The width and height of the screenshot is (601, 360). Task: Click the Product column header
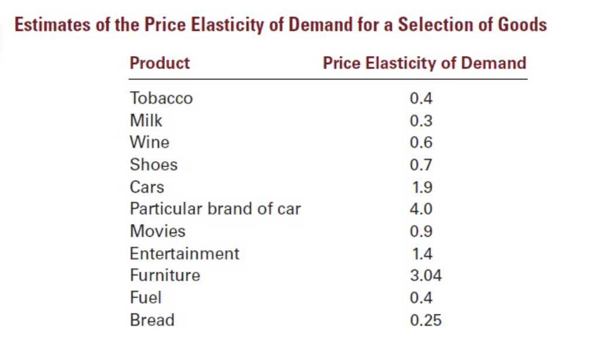[x=160, y=63]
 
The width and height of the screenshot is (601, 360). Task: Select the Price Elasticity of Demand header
[x=424, y=63]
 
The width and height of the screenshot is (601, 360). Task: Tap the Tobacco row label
[x=161, y=98]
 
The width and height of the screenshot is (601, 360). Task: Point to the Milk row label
[x=146, y=121]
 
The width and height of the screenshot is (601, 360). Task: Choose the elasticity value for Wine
[x=421, y=143]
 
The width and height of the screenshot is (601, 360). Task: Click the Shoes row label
[x=154, y=165]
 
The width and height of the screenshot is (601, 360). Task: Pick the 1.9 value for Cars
[x=421, y=188]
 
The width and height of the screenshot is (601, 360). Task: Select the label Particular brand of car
[x=215, y=209]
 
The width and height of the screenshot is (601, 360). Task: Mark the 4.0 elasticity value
[x=421, y=209]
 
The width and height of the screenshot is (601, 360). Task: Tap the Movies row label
[x=157, y=231]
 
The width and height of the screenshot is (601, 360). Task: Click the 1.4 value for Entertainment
[x=421, y=254]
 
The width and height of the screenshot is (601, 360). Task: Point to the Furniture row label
[x=165, y=275]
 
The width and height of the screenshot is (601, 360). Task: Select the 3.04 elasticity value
[x=425, y=276]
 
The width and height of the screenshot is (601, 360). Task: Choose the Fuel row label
[x=146, y=298]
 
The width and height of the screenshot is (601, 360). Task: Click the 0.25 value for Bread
[x=425, y=321]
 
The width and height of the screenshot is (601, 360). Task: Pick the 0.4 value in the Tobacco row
[x=421, y=98]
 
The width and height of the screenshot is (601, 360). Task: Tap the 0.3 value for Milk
[x=421, y=121]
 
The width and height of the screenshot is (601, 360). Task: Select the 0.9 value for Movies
[x=421, y=231]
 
